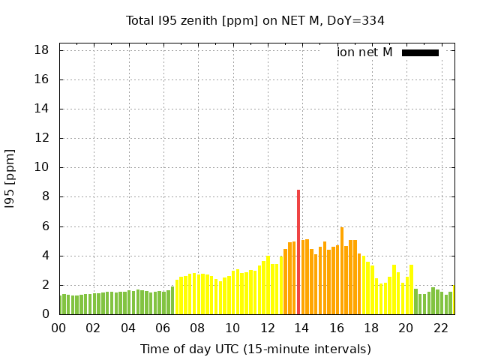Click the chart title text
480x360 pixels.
[255, 21]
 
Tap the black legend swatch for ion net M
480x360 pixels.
[420, 52]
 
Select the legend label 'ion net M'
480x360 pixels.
[364, 52]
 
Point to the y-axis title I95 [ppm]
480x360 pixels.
[10, 178]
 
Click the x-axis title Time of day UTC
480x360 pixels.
[255, 349]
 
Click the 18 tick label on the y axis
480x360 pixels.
[42, 50]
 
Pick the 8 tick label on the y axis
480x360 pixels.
[46, 197]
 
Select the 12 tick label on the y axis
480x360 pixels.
[42, 139]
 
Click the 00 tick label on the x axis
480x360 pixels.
[59, 328]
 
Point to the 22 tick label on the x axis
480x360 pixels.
[441, 328]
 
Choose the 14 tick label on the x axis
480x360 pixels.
[302, 328]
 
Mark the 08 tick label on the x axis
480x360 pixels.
[198, 328]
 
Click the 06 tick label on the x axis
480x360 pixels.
[163, 328]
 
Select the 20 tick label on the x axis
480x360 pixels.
[406, 328]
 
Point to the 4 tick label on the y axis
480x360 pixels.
[46, 256]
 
